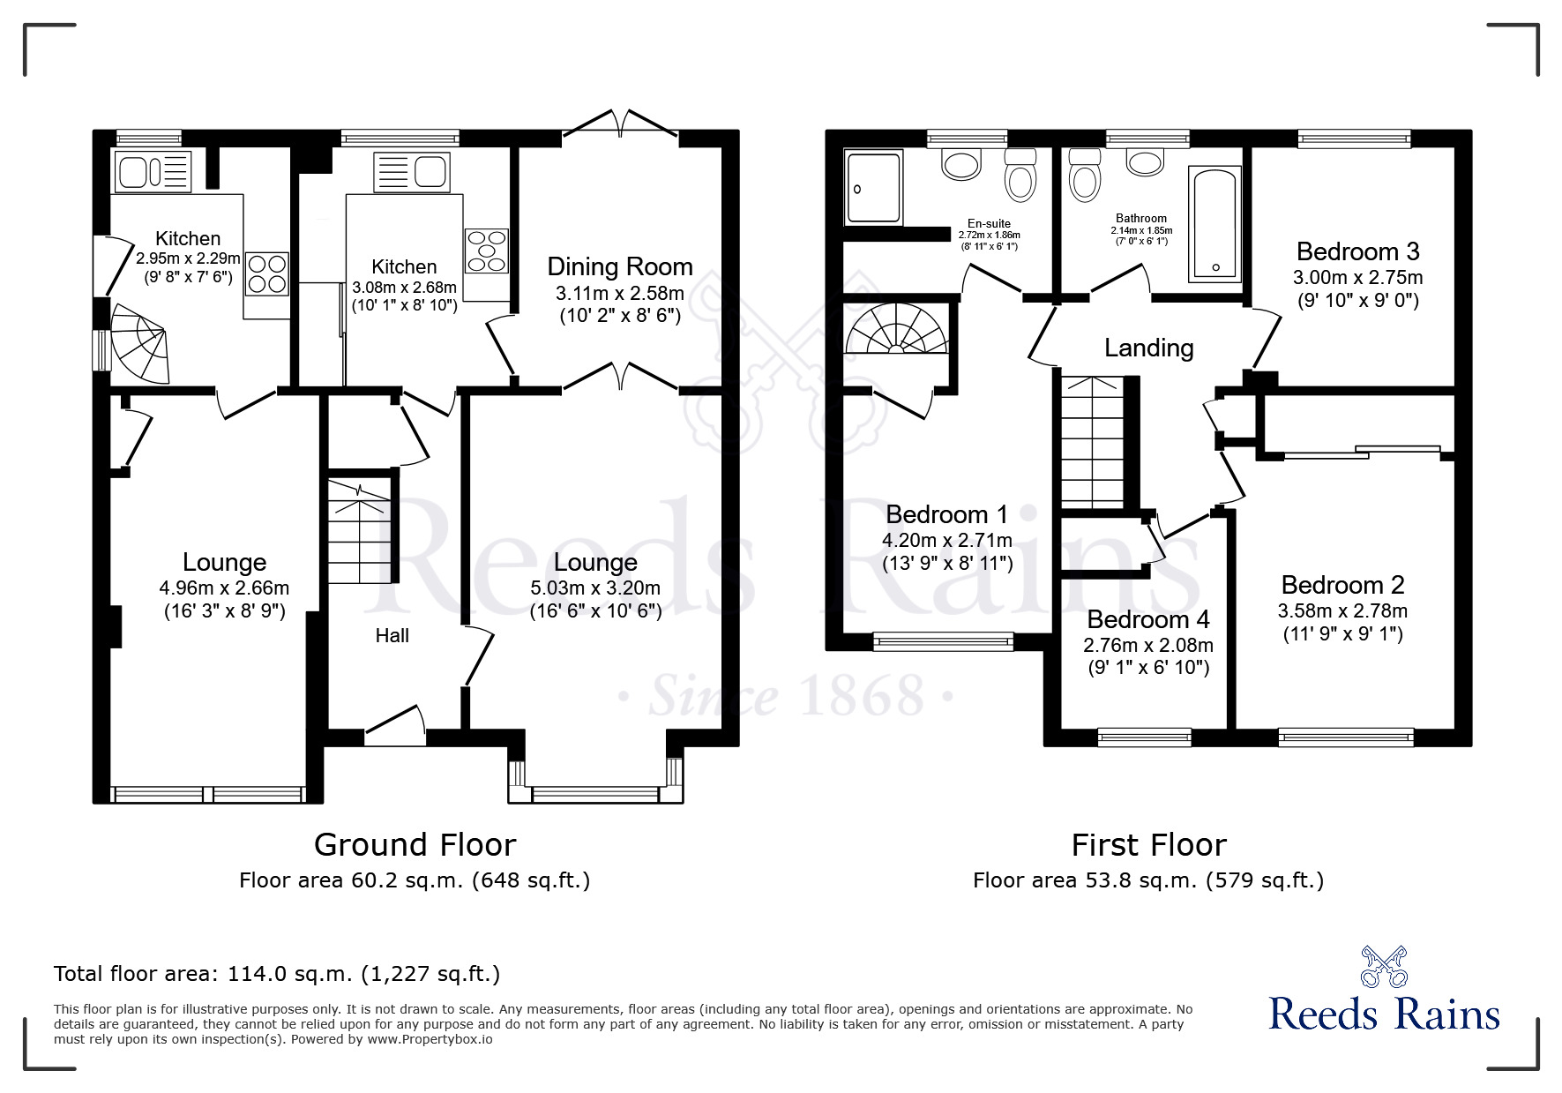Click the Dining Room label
(x=620, y=266)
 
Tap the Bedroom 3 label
(x=1357, y=251)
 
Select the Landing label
(x=1149, y=348)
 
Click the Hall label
(x=392, y=635)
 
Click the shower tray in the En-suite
(x=874, y=186)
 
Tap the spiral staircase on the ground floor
(x=138, y=343)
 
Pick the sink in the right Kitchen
(x=413, y=171)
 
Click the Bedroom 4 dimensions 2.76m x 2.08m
(x=1148, y=645)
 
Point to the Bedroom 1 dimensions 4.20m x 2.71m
(x=947, y=540)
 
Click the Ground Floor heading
(x=415, y=845)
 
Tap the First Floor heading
(x=1148, y=845)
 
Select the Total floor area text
(x=277, y=974)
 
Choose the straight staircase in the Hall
(x=361, y=530)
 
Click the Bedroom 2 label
(x=1342, y=585)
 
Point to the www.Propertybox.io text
(x=430, y=1039)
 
